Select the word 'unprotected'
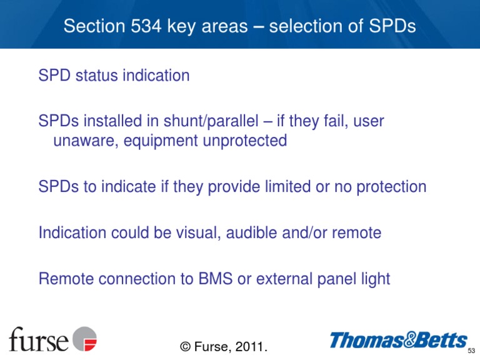click(244, 141)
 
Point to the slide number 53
click(472, 350)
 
